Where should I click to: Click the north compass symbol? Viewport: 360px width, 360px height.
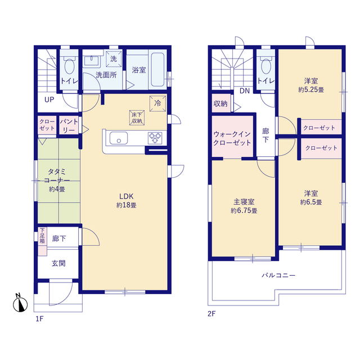(x=20, y=303)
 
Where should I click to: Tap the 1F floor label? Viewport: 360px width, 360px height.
(x=39, y=319)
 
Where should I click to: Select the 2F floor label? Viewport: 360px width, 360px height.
(x=211, y=314)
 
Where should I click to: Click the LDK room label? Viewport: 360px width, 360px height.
(x=126, y=196)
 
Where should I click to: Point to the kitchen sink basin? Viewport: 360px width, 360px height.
(x=119, y=138)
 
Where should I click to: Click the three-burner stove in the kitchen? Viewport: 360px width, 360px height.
(x=155, y=138)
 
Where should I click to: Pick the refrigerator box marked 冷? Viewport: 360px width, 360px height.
(x=157, y=103)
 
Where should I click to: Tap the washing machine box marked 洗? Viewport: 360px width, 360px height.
(x=114, y=59)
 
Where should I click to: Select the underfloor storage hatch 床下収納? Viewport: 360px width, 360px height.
(x=137, y=118)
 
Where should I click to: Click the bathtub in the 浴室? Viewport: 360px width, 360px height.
(x=157, y=70)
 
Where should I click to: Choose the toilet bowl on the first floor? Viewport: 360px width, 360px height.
(x=70, y=66)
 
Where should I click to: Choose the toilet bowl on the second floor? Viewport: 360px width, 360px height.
(x=266, y=66)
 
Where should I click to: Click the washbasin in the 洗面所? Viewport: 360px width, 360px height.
(x=91, y=61)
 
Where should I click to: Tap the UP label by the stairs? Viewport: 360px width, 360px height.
(x=49, y=100)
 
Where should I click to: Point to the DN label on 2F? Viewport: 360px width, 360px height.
(x=245, y=91)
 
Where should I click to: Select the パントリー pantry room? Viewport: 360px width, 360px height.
(x=69, y=125)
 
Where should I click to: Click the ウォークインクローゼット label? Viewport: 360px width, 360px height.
(x=232, y=138)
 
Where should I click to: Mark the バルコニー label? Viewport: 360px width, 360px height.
(x=278, y=275)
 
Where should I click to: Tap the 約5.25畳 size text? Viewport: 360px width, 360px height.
(x=311, y=90)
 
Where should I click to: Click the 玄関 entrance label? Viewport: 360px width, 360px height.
(x=58, y=263)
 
